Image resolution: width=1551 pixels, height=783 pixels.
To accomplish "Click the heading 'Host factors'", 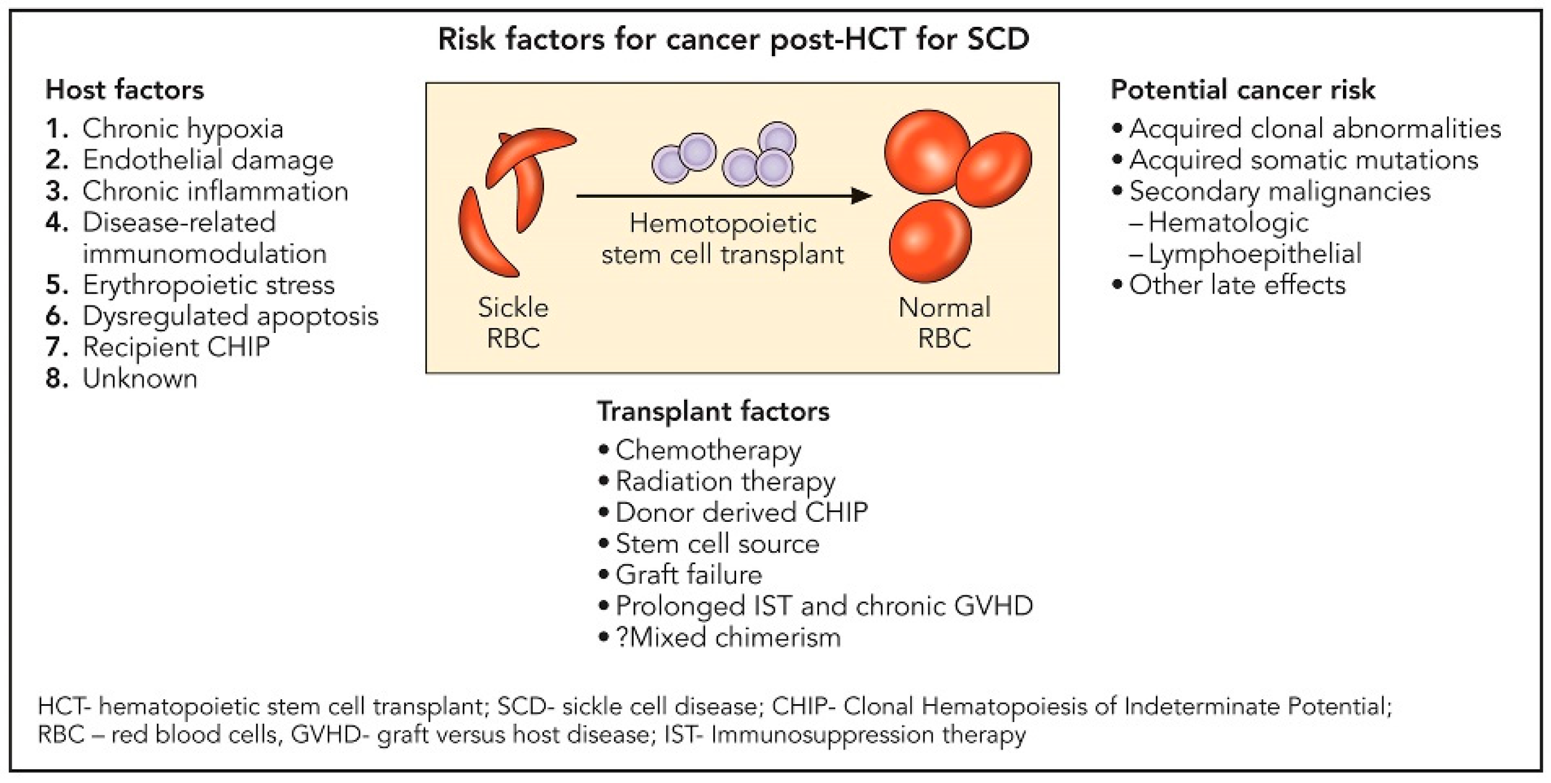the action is tap(124, 90).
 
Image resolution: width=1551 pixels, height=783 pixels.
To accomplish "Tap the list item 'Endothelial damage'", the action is tap(207, 160).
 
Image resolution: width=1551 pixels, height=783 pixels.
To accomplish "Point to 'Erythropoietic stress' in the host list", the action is tap(208, 285).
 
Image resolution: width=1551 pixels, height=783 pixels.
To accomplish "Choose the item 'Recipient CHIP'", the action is tap(176, 347).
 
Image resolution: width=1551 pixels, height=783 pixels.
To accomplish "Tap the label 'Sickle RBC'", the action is tap(513, 323).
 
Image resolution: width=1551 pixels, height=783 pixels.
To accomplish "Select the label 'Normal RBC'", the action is tap(944, 323).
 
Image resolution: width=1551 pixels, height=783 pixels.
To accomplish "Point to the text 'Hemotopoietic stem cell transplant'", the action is tap(722, 239).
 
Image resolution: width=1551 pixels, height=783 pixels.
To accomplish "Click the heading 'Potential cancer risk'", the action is tap(1242, 90).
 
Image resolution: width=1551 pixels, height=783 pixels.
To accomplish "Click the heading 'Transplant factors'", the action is tap(713, 412).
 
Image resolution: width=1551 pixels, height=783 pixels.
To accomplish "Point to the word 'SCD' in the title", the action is tap(999, 39).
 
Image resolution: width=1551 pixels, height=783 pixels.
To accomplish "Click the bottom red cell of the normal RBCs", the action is tap(930, 241).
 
